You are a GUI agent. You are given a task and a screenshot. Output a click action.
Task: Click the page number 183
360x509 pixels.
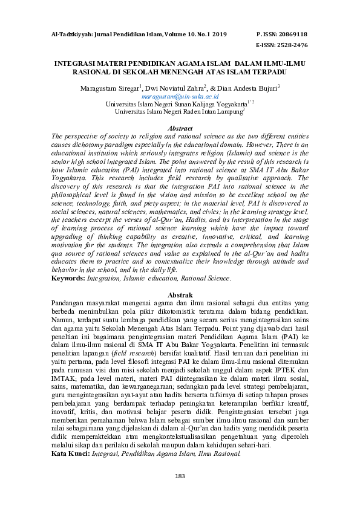coord(180,476)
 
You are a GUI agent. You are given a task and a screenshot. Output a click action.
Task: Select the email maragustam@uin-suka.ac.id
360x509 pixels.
coord(180,96)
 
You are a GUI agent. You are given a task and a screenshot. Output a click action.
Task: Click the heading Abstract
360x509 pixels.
coord(180,128)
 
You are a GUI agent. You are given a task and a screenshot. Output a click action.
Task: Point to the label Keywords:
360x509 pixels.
coord(68,279)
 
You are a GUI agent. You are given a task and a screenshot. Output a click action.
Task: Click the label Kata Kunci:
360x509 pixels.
coord(69,453)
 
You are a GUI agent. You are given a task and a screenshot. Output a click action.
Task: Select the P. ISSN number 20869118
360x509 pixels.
coord(296,34)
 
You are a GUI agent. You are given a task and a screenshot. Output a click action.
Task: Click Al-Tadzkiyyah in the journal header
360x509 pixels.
coord(71,34)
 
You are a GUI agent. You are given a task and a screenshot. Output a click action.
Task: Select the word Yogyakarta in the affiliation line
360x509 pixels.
coord(236,103)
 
